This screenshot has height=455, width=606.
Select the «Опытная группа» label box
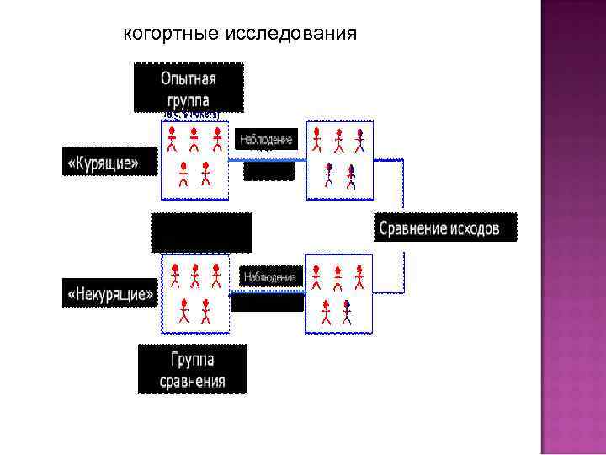pos(189,88)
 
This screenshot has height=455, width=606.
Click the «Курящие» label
pos(111,162)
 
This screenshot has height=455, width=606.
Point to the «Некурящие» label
pos(110,294)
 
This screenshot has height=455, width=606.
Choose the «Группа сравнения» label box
pos(193,370)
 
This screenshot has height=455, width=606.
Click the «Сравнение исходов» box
pos(445,227)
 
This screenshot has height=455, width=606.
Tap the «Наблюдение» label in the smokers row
pos(267,139)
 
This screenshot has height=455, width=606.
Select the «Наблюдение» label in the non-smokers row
pos(270,276)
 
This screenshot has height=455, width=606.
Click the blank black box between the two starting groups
pos(201,232)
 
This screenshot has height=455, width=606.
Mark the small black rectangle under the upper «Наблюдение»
pos(269,170)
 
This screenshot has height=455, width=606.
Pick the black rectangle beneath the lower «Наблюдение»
pos(267,302)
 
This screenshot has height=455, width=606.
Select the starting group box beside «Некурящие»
pos(194,294)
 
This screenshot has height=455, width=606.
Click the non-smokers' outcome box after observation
pos(338,294)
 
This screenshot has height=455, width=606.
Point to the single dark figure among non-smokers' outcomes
pos(347,313)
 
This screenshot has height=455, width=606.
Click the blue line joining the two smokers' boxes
pos(267,158)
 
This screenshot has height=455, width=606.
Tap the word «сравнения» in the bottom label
pos(193,381)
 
